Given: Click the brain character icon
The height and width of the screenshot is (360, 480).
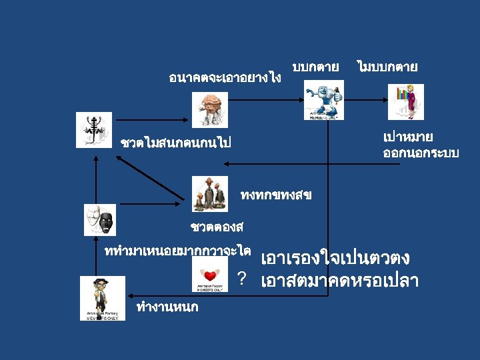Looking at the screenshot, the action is coord(210,109).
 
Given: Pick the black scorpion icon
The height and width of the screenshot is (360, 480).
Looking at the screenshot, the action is coord(93,129).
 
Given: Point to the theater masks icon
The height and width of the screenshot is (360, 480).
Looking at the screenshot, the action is coord(99,219).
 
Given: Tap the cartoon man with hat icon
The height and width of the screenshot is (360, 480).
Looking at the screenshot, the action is coord(102,298).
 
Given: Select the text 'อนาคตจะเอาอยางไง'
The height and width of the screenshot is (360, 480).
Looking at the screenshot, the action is coord(225,78).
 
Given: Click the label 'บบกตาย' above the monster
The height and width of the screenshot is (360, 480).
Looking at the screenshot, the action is coord(315,67).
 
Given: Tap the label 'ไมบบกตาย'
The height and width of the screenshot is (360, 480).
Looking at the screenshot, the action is coord(387,67).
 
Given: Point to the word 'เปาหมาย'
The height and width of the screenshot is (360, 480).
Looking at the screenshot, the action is coord(408,137).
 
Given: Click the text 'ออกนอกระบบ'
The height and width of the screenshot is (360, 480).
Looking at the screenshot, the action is coord(421,153).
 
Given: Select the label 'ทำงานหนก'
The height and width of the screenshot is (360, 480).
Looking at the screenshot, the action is coord(167,307).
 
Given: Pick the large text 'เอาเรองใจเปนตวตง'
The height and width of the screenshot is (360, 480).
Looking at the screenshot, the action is coord(335,258).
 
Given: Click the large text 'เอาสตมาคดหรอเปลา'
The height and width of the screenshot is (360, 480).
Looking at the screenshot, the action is coord(340,281).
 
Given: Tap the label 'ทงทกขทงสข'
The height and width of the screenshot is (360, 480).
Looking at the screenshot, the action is coord(275,196).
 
